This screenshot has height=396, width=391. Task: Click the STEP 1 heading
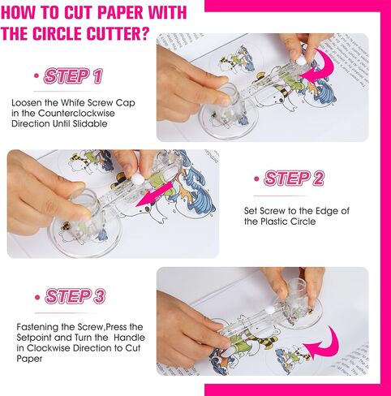73,76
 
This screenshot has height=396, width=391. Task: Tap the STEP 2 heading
294,179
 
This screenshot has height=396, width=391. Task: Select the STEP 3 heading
75,296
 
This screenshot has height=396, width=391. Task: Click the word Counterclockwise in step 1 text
76,113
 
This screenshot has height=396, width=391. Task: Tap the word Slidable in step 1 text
90,123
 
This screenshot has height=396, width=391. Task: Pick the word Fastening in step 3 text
37,327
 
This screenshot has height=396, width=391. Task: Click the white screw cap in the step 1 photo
301,62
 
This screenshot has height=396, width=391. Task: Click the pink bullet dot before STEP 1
37,75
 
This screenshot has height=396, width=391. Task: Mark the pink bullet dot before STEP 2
256,179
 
